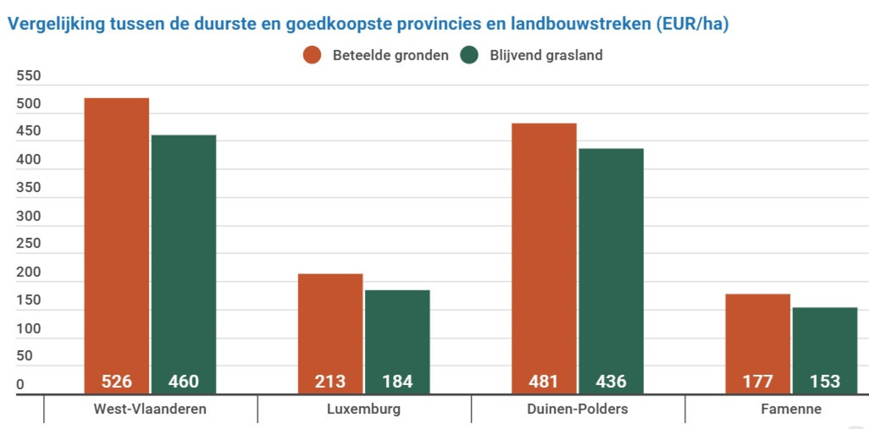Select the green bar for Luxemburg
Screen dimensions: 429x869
tap(397, 334)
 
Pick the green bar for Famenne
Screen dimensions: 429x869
tap(824, 342)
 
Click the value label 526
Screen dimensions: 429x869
tap(116, 381)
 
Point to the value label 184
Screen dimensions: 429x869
tap(397, 381)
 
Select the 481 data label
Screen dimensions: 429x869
tap(544, 381)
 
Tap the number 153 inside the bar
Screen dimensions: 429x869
tap(824, 381)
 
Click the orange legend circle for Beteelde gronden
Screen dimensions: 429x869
tap(312, 55)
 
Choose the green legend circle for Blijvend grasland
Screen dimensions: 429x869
tap(469, 55)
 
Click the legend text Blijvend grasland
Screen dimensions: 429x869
tap(546, 55)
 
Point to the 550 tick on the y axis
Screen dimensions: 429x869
tap(28, 76)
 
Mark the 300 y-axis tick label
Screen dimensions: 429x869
tap(28, 216)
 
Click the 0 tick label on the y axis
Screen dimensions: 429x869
tap(20, 384)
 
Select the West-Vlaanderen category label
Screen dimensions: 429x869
tap(150, 409)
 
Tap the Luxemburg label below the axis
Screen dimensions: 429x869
tap(363, 409)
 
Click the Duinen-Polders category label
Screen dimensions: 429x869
tap(577, 409)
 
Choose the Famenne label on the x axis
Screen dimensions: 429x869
tap(791, 409)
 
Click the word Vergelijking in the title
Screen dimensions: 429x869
tap(56, 24)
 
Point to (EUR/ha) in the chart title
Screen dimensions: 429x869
tap(692, 24)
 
